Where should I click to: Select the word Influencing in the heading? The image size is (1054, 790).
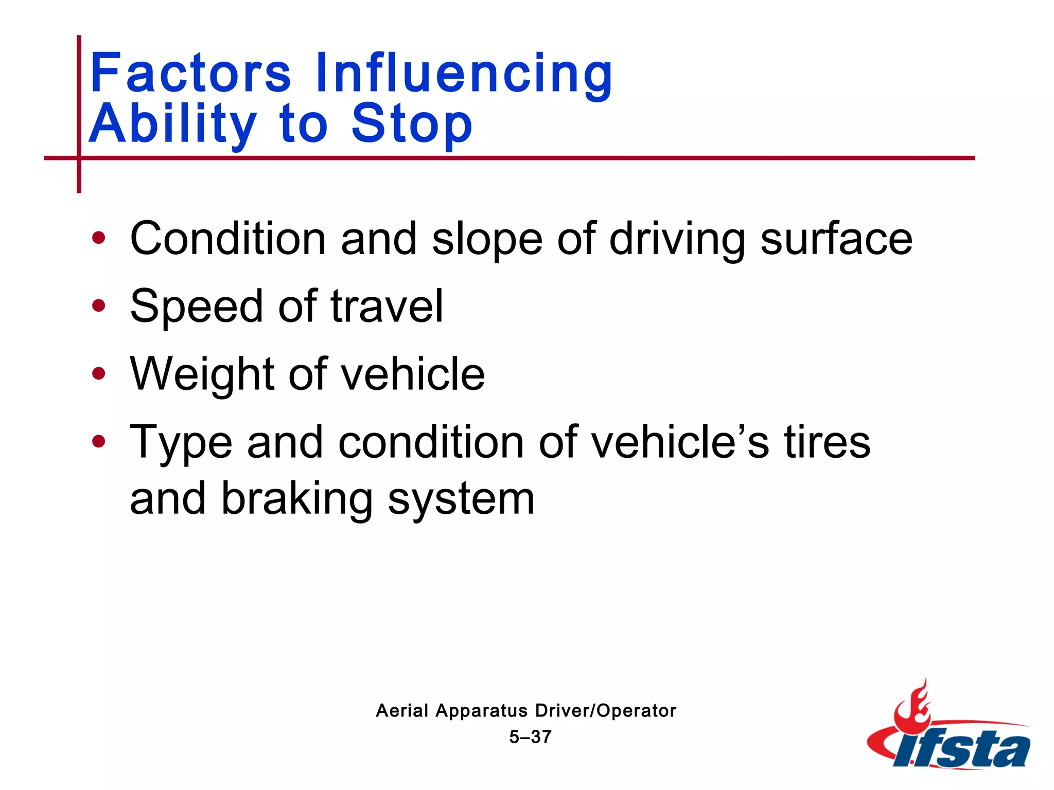[x=464, y=75]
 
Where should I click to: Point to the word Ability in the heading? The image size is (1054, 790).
[x=173, y=124]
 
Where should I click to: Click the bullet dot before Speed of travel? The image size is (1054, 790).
[x=98, y=306]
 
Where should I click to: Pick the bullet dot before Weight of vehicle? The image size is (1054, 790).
[x=98, y=374]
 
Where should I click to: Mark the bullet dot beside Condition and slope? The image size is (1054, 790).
[x=98, y=238]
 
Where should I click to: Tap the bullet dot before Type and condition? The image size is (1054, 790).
[x=98, y=441]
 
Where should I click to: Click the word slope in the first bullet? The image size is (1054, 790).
[x=487, y=239]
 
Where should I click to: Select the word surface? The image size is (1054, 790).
[x=836, y=239]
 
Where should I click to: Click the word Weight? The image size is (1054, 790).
[x=202, y=375]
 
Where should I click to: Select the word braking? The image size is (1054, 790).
[x=297, y=499]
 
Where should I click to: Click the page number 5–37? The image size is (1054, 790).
[x=530, y=737]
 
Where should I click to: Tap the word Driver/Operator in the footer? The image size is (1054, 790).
[x=606, y=711]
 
